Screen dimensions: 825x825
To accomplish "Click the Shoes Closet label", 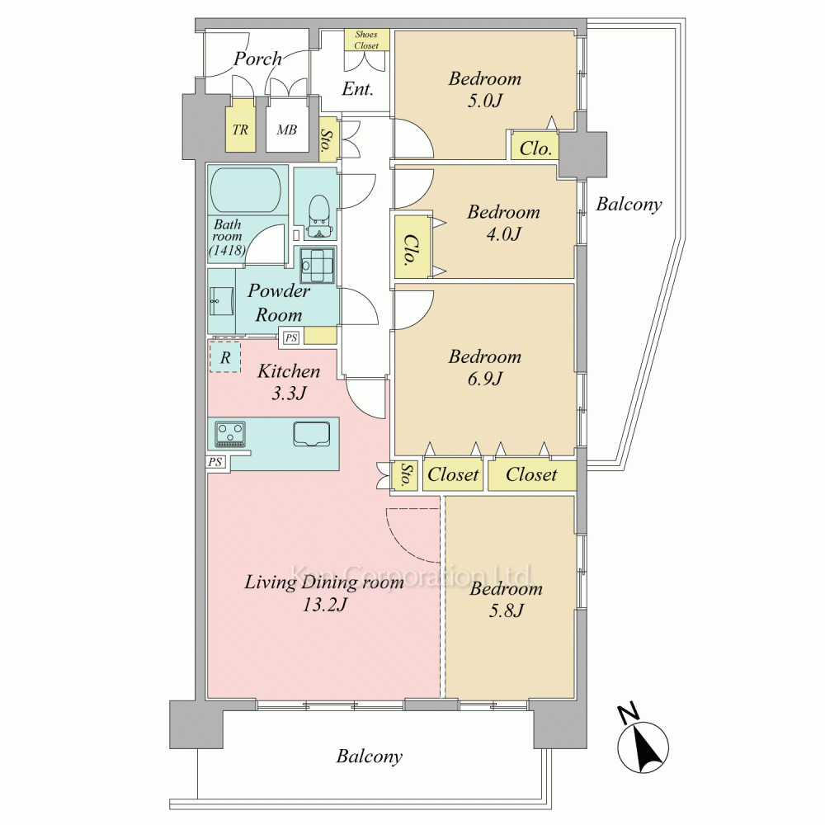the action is click(x=366, y=40).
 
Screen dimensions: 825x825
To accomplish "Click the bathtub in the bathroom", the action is click(x=246, y=190).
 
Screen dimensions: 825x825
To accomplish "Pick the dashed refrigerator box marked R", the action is click(x=225, y=357).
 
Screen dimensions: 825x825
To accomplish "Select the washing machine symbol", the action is click(x=318, y=265).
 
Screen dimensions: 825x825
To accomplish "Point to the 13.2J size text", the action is click(x=324, y=605).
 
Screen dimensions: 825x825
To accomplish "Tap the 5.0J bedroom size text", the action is click(x=484, y=100).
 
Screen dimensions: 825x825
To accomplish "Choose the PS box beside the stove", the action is click(x=214, y=463).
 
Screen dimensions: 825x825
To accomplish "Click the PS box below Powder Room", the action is click(x=291, y=337).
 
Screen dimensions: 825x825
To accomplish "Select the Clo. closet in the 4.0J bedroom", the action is click(x=412, y=247).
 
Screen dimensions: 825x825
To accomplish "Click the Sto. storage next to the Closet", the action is click(x=406, y=475).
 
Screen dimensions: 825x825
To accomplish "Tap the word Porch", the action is click(x=257, y=59).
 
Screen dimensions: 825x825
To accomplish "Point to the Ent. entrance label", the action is click(x=358, y=88).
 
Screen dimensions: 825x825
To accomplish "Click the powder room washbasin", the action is click(x=221, y=302).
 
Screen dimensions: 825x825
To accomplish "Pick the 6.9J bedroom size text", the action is click(x=484, y=379).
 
